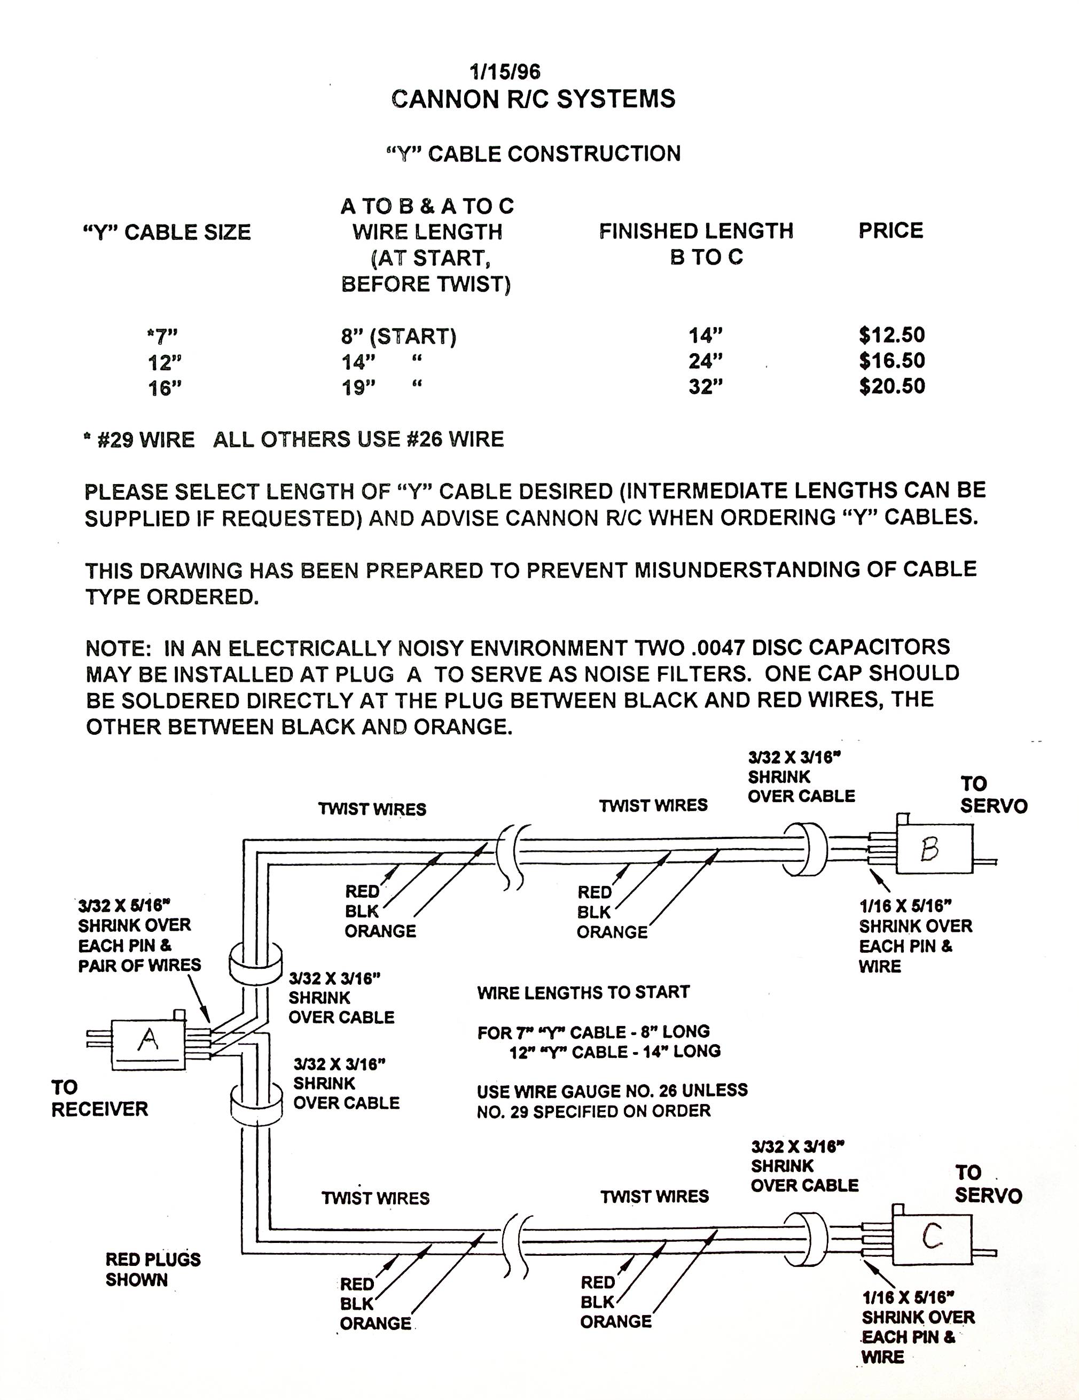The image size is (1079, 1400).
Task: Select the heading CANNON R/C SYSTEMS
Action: (x=533, y=99)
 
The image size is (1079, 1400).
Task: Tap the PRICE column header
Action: (x=890, y=231)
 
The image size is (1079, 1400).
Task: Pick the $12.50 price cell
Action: (x=892, y=335)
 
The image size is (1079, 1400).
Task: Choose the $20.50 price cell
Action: (x=892, y=386)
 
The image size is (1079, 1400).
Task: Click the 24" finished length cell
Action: (x=706, y=361)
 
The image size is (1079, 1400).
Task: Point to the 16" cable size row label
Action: (x=165, y=388)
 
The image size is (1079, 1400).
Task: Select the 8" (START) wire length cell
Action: (x=398, y=336)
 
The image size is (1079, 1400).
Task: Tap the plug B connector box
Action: (x=934, y=848)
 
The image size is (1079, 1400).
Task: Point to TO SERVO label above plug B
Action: (x=993, y=795)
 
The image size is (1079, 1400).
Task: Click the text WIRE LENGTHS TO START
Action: (x=583, y=992)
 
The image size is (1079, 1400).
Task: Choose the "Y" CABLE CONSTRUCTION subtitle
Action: (x=533, y=154)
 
